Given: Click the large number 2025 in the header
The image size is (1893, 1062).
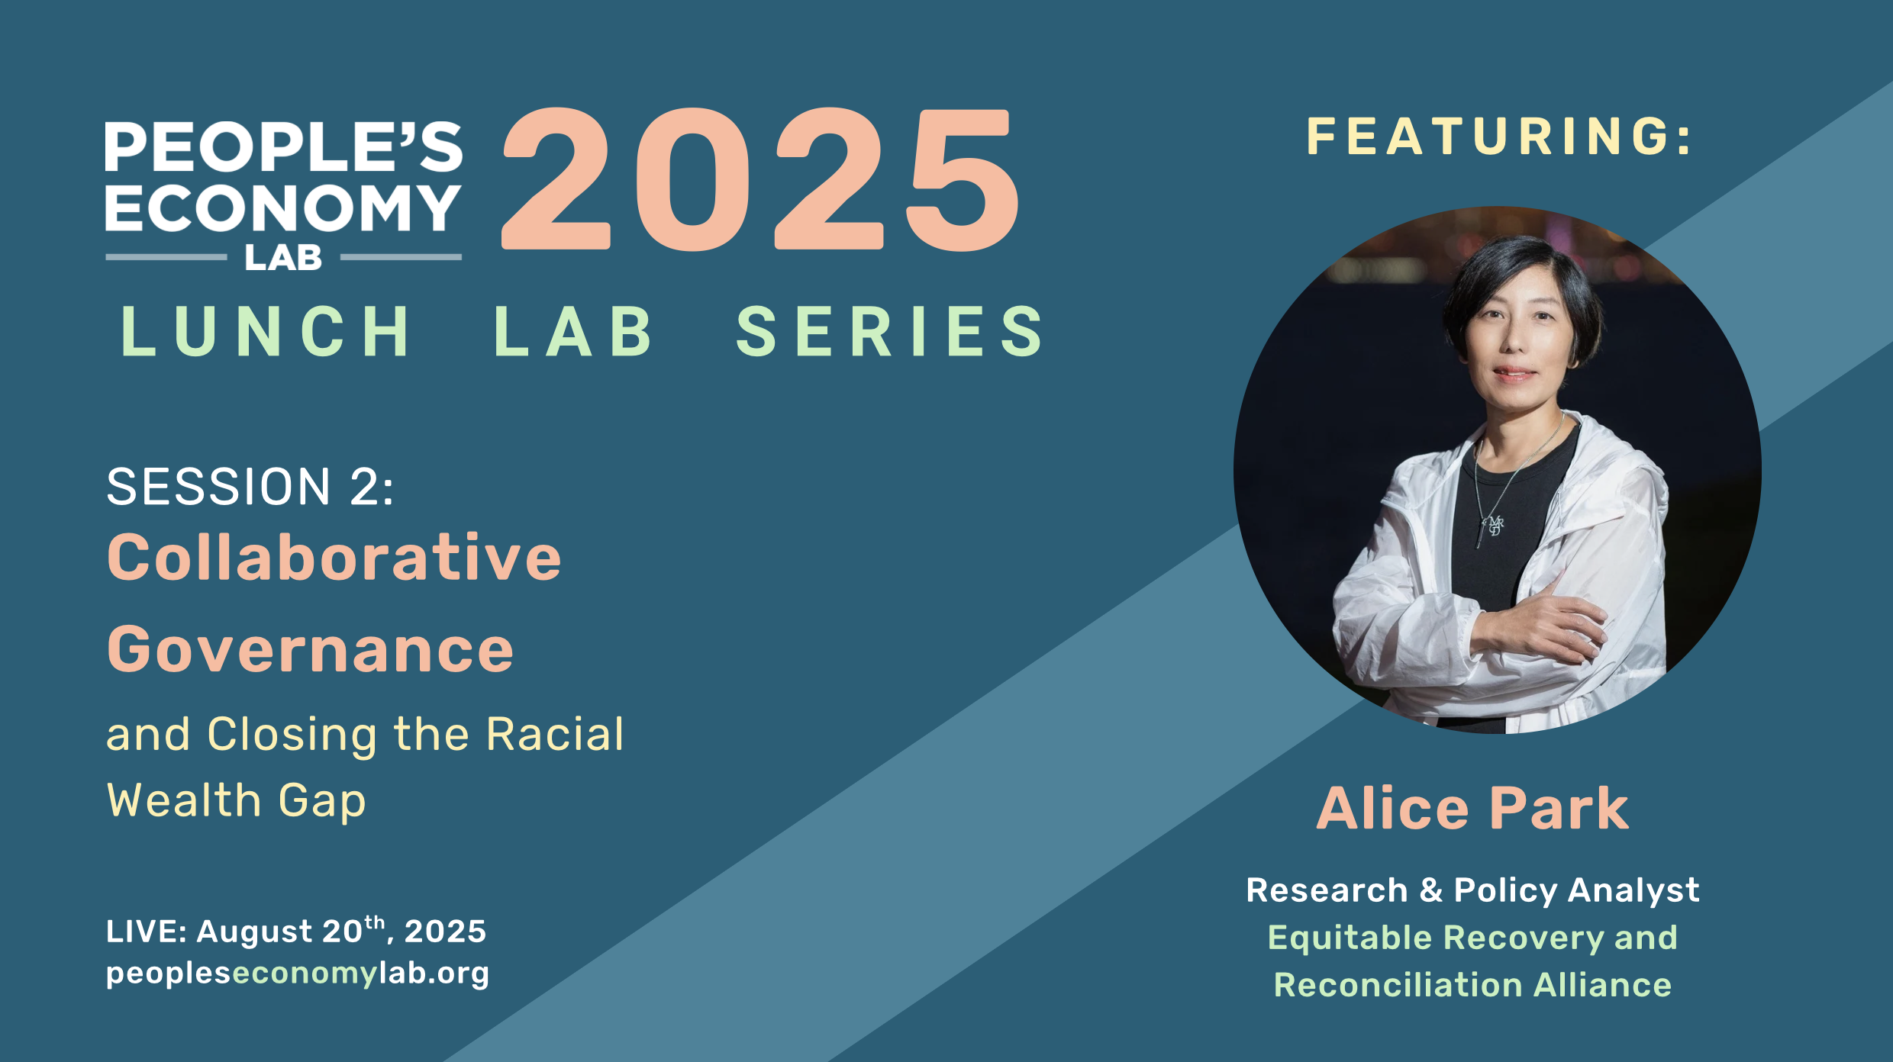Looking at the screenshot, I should click(x=759, y=180).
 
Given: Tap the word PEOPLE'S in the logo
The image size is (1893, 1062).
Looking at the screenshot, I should click(x=283, y=146).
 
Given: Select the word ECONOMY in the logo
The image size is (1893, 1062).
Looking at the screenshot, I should click(x=282, y=208).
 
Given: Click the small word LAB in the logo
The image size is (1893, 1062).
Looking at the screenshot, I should click(x=283, y=259).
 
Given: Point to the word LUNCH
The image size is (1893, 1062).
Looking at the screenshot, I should click(x=266, y=331).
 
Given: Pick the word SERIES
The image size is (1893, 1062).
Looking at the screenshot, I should click(x=890, y=331).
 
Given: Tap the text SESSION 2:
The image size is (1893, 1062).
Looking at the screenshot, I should click(x=250, y=487).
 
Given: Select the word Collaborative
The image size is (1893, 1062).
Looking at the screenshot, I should click(x=334, y=558).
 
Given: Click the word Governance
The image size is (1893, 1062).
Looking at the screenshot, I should click(x=310, y=649).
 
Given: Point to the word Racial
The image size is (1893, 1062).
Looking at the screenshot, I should click(x=555, y=735).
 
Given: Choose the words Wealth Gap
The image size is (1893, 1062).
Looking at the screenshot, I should click(x=237, y=801).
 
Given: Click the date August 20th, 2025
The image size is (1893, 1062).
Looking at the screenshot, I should click(x=341, y=931).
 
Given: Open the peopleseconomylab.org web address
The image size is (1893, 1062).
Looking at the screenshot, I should click(x=298, y=974).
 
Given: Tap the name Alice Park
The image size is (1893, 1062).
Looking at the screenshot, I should click(x=1472, y=809).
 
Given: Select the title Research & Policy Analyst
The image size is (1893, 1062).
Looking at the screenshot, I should click(x=1472, y=890).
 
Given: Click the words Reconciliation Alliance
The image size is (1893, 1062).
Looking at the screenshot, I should click(x=1472, y=985).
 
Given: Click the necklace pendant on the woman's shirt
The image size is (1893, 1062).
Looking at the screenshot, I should click(x=1494, y=526).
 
